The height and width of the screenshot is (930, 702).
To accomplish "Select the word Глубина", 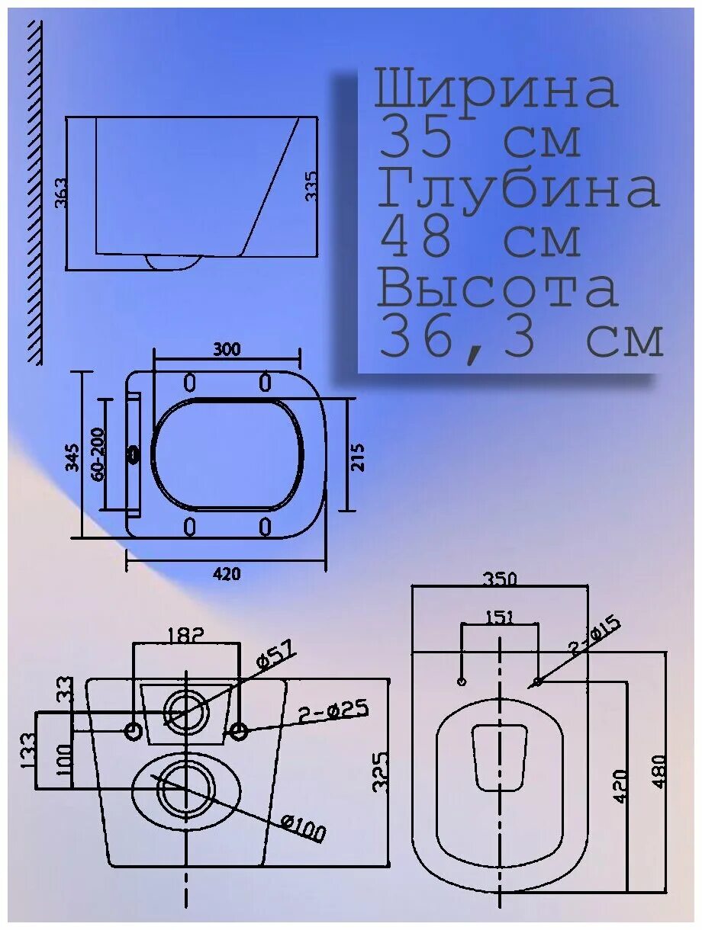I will (x=517, y=189).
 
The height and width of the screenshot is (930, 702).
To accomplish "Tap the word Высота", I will (x=498, y=288).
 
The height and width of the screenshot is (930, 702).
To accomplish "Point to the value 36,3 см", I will (x=520, y=339).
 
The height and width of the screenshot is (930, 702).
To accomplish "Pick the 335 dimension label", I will (x=311, y=185).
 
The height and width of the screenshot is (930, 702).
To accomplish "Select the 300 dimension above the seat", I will (x=227, y=349).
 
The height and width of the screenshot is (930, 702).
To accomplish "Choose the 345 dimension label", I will (x=72, y=457).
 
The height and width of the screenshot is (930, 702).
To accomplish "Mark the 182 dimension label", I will (x=186, y=633).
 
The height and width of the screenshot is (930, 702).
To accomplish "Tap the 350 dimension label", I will (x=499, y=579).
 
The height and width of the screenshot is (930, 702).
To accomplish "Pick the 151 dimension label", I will (x=499, y=617).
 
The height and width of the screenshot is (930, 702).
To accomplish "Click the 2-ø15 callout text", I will (x=595, y=636).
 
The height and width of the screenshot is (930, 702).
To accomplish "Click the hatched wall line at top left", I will (x=34, y=191).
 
